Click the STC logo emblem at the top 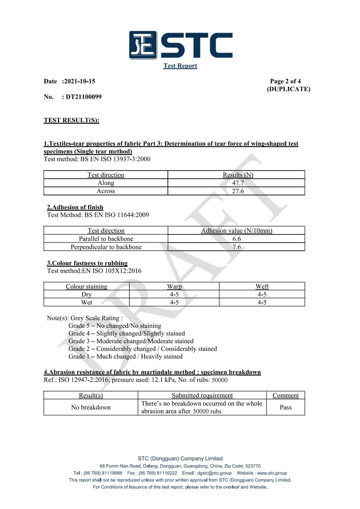143,45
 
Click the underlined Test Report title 180,66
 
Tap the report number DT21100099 84,97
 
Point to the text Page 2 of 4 285,81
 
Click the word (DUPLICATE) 288,89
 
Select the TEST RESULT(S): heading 71,120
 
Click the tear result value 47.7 238,183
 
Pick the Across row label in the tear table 106,191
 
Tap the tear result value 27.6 238,191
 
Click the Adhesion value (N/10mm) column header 236,231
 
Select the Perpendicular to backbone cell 106,247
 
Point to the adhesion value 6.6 237,239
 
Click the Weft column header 262,286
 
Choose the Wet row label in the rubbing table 87,302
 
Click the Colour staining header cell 86,286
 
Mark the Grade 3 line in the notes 131,341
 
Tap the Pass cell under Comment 286,407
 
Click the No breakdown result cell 91,407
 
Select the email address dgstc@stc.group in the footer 214,473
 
